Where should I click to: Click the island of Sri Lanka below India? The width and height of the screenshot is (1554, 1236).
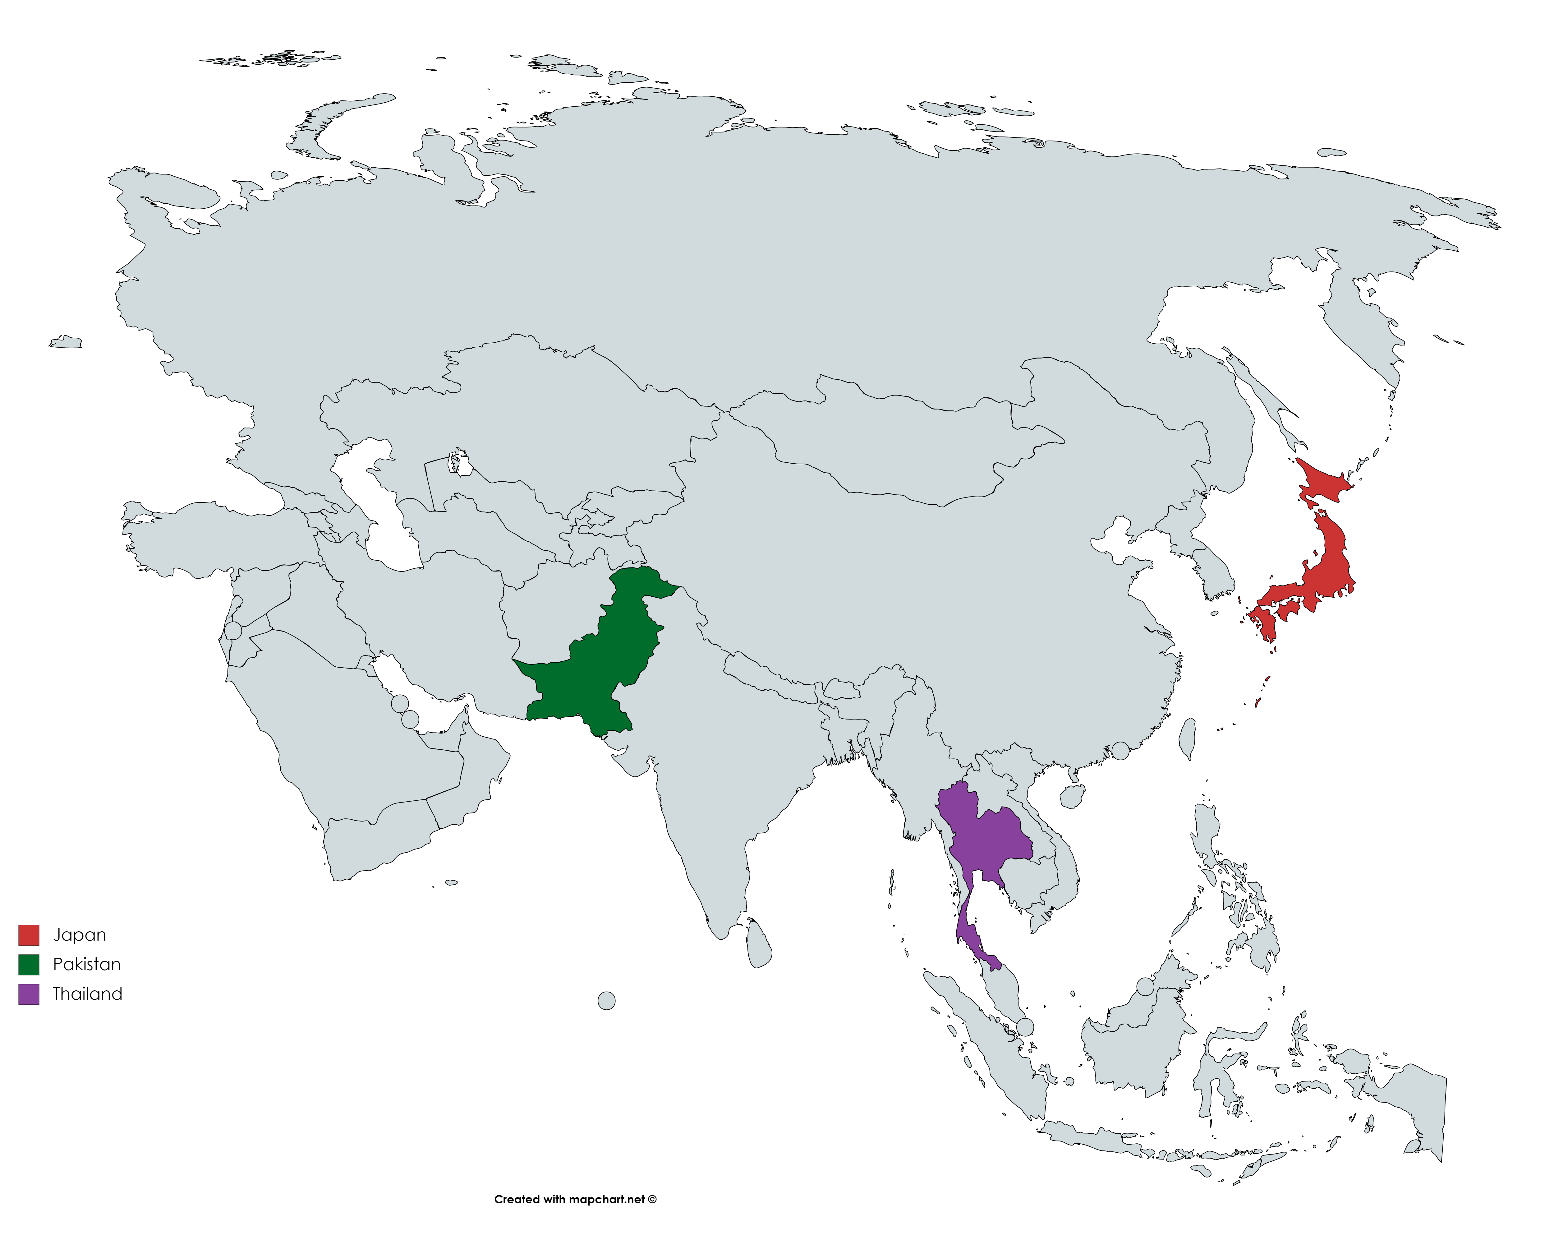point(759,945)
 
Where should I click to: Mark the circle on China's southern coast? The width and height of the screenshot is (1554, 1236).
point(1120,751)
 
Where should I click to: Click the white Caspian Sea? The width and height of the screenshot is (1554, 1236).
point(382,519)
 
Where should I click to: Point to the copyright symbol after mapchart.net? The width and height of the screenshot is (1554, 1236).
point(652,1199)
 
